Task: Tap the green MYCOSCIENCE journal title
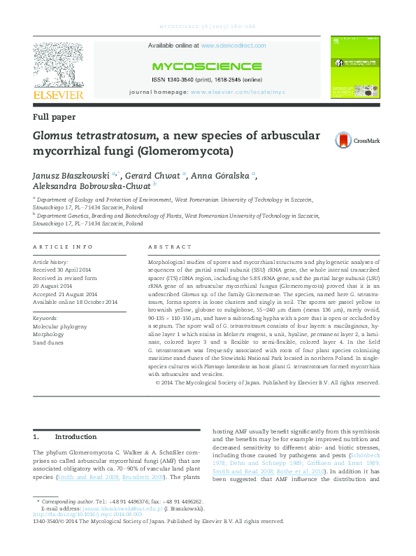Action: click(206, 67)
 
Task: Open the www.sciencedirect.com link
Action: click(233, 46)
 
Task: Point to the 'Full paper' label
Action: click(54, 117)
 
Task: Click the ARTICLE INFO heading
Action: click(63, 247)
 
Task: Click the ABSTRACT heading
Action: click(170, 247)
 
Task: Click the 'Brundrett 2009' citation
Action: click(162, 476)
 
